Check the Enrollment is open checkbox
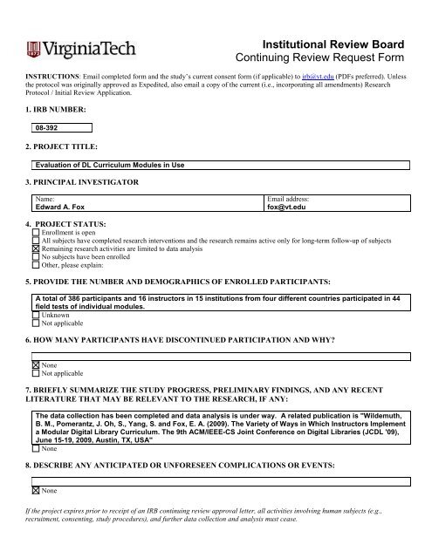35,235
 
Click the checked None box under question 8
35,491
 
